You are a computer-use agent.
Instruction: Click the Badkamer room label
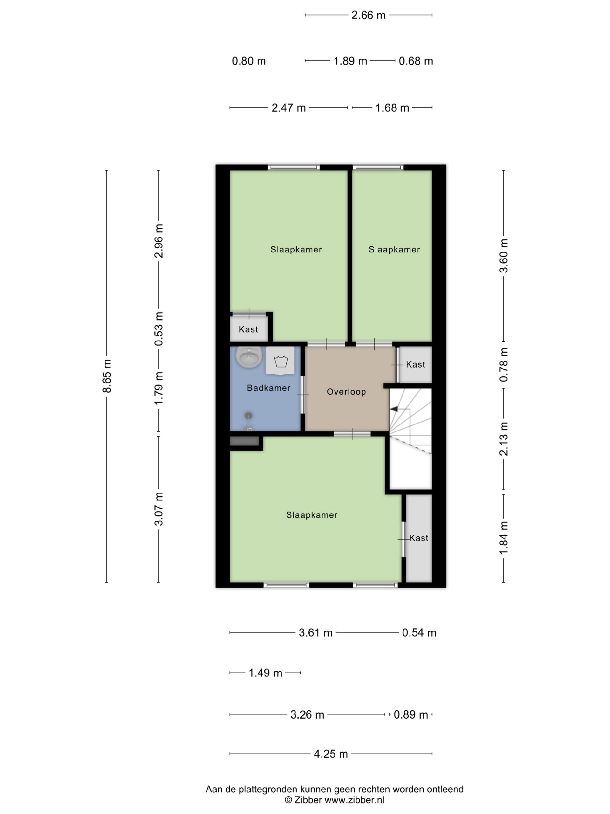(268, 388)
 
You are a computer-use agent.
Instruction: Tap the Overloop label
(346, 391)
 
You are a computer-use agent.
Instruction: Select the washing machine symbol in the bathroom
(280, 360)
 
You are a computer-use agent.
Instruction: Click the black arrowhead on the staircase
(393, 409)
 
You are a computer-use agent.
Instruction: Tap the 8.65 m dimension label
(107, 376)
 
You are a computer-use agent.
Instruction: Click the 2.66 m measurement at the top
(369, 15)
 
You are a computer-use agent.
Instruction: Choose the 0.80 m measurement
(248, 61)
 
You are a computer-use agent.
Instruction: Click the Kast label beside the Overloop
(416, 364)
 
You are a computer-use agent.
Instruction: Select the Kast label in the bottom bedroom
(419, 538)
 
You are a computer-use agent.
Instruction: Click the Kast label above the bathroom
(248, 329)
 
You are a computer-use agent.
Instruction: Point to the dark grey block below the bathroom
(244, 441)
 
